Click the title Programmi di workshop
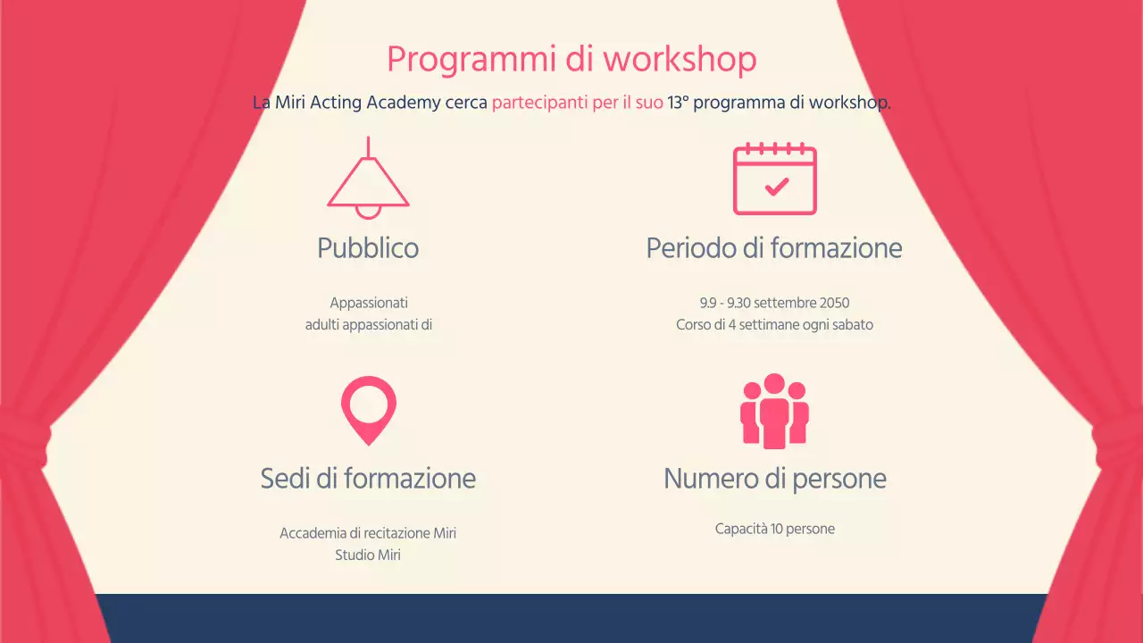(571, 60)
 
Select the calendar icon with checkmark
(774, 179)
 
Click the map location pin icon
(368, 409)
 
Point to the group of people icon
(774, 411)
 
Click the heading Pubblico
(368, 247)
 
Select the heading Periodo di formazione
(774, 247)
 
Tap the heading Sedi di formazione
(368, 478)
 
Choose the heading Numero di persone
(774, 478)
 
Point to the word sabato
(851, 325)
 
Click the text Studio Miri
(368, 555)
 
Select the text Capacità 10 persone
(774, 529)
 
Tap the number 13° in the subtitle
(678, 102)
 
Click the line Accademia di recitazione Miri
(368, 533)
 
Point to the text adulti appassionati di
(368, 325)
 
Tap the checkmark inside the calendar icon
(777, 186)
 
